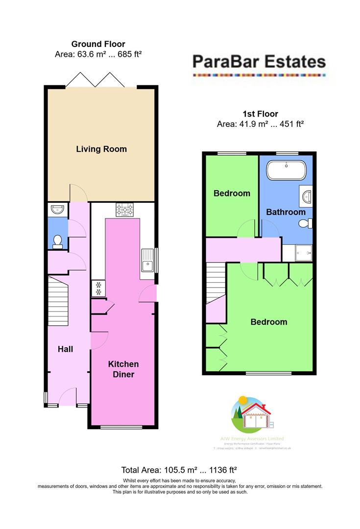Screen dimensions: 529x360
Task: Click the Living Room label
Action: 101,149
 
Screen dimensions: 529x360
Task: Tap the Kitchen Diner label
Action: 123,369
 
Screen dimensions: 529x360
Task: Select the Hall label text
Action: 65,349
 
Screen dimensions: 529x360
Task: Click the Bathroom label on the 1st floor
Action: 286,212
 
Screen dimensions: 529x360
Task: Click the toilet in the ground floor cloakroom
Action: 58,241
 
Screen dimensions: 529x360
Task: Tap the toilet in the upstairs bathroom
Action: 305,224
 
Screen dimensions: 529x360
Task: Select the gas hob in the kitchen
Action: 125,210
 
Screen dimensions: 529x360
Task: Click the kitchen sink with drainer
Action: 148,260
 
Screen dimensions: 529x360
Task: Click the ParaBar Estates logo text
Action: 259,61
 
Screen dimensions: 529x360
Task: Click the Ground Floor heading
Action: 98,44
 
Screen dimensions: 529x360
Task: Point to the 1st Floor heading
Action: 260,114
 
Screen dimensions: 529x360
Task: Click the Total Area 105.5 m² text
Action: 179,469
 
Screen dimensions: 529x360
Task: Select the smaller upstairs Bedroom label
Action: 232,193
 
